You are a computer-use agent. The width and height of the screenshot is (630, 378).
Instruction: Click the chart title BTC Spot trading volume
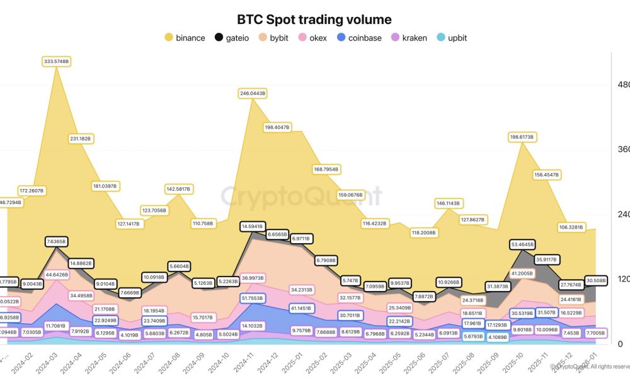(314, 20)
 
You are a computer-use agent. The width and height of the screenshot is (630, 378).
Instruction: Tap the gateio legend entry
(237, 38)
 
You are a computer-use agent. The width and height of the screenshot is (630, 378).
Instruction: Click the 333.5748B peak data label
(57, 61)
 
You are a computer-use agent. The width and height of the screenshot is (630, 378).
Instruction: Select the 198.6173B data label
(522, 136)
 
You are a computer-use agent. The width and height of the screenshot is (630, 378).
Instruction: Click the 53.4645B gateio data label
(522, 244)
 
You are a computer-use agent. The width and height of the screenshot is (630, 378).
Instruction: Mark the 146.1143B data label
(448, 203)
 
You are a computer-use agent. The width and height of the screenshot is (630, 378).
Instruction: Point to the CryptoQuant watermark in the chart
(301, 197)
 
